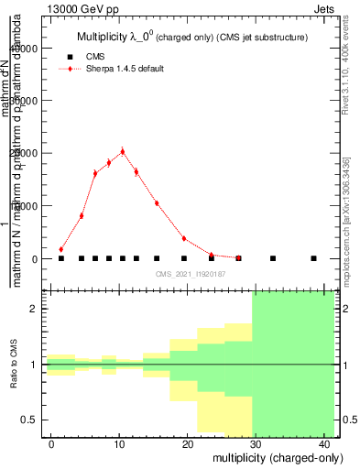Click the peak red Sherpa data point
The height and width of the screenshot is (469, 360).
(122, 152)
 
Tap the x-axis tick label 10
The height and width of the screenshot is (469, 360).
(119, 444)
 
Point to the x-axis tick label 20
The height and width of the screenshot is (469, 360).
(187, 444)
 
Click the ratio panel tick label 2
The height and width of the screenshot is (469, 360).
(32, 309)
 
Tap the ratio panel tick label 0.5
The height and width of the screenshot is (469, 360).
(27, 420)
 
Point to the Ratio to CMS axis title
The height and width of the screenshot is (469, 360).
(13, 365)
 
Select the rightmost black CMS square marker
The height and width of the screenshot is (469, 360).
(313, 258)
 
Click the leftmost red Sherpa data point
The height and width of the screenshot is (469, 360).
(61, 249)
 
